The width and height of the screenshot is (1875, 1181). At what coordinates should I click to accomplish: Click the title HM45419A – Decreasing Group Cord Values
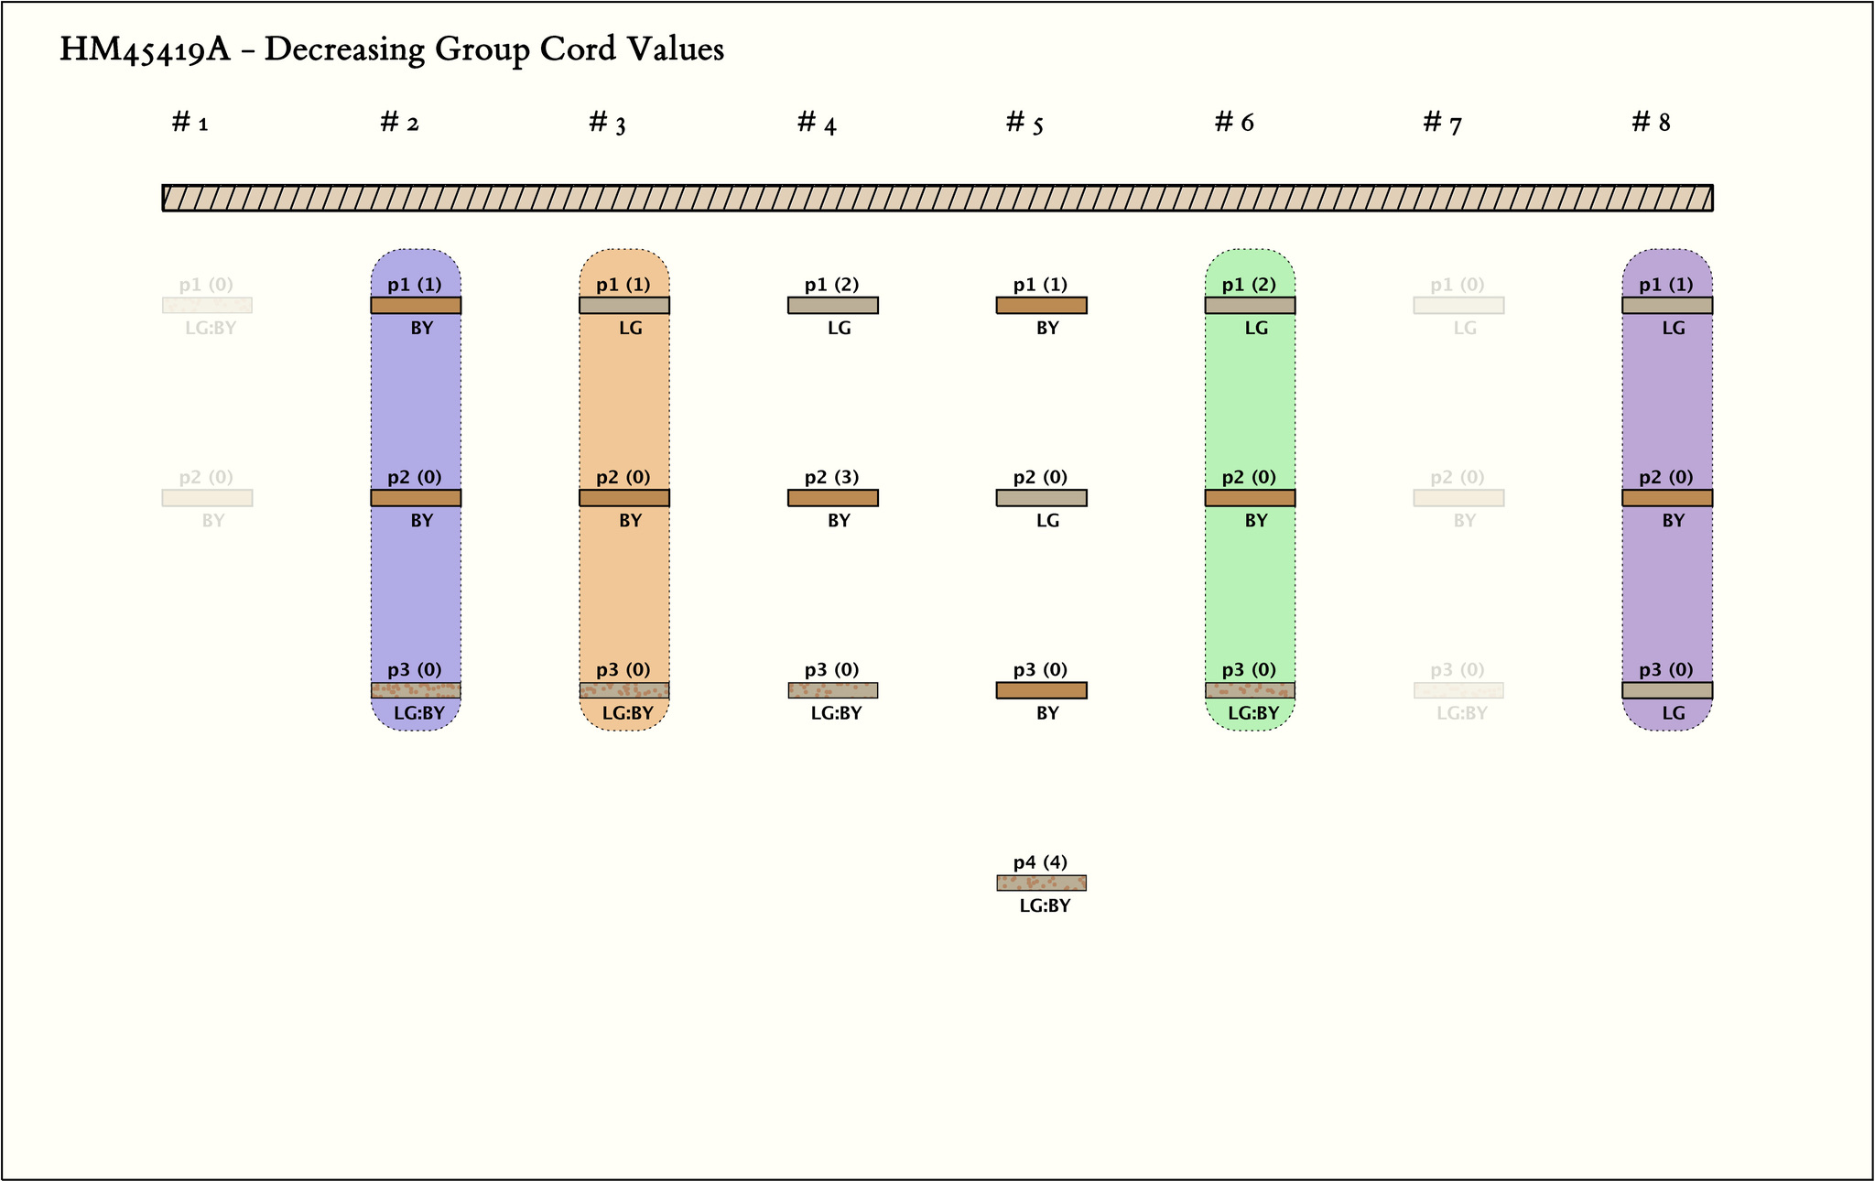392,49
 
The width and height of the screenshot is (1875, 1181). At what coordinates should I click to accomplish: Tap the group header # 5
1024,122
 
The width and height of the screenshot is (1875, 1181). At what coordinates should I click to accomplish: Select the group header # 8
1651,122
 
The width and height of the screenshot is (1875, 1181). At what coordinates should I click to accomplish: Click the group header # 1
190,122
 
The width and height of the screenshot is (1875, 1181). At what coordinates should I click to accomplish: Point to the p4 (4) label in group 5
1040,862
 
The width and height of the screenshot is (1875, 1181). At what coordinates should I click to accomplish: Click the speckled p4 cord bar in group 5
1041,883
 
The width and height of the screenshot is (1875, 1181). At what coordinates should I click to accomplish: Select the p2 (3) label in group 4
831,477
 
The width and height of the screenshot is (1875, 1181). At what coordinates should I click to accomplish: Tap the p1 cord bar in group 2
416,305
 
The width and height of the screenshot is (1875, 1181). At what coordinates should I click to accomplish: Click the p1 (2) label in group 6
1249,285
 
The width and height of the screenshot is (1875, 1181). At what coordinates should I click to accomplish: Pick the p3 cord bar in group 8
1667,690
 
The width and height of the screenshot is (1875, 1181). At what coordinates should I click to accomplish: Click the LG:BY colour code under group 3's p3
627,713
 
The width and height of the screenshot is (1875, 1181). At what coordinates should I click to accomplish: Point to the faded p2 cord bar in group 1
207,498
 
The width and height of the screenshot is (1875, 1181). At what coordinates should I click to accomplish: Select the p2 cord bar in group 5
1041,498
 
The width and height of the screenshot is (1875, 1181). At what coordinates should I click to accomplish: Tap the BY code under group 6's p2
1256,521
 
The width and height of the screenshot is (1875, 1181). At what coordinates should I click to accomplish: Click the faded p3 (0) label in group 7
1458,670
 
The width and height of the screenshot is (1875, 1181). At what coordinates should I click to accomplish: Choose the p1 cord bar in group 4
832,305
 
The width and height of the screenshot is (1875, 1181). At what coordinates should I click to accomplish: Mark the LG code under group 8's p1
1673,328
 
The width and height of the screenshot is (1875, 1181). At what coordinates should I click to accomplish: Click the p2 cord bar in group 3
624,498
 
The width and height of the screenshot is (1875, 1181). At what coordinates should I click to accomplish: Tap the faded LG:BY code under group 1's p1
211,328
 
